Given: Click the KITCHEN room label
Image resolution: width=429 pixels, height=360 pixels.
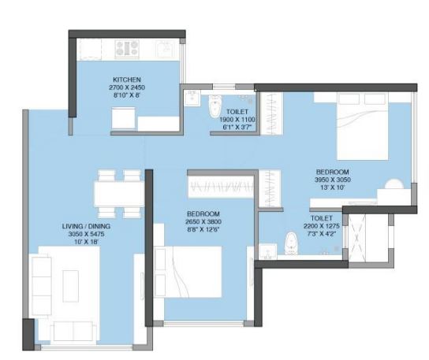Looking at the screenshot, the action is (127, 80).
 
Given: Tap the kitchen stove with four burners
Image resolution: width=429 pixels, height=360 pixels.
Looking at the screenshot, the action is (127, 48).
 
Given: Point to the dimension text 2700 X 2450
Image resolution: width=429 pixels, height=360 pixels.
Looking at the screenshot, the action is (127, 87).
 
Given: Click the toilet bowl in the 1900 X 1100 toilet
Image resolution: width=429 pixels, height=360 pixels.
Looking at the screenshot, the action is (216, 106).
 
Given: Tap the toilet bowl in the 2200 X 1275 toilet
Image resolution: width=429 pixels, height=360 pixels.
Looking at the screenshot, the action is (291, 243).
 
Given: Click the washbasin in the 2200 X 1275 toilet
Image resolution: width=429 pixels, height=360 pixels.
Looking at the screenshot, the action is (268, 251).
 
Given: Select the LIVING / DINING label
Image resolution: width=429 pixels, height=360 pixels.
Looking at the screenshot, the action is (86, 226).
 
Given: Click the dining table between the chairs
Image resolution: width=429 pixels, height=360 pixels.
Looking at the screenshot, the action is (119, 195).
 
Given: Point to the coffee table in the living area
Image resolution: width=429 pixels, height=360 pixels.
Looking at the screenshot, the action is (71, 286).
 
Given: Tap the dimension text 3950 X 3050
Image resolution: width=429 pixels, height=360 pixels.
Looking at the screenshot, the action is (333, 180).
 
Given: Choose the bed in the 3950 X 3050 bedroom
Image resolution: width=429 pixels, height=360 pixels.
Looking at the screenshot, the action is (362, 126).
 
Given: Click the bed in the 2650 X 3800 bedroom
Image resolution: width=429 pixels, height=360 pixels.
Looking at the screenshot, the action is (188, 272).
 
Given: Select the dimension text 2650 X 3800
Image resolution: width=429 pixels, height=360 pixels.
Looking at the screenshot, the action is (203, 221).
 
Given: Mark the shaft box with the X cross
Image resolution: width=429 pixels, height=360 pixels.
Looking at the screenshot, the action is (357, 238).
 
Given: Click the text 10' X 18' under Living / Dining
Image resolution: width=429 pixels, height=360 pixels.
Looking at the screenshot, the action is (86, 242).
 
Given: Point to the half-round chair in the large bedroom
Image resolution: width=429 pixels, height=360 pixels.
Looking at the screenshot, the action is (394, 184).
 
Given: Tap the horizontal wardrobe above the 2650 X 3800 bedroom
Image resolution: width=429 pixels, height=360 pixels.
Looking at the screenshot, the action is (221, 187).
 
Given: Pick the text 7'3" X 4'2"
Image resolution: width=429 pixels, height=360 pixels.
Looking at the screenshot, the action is (322, 234).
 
